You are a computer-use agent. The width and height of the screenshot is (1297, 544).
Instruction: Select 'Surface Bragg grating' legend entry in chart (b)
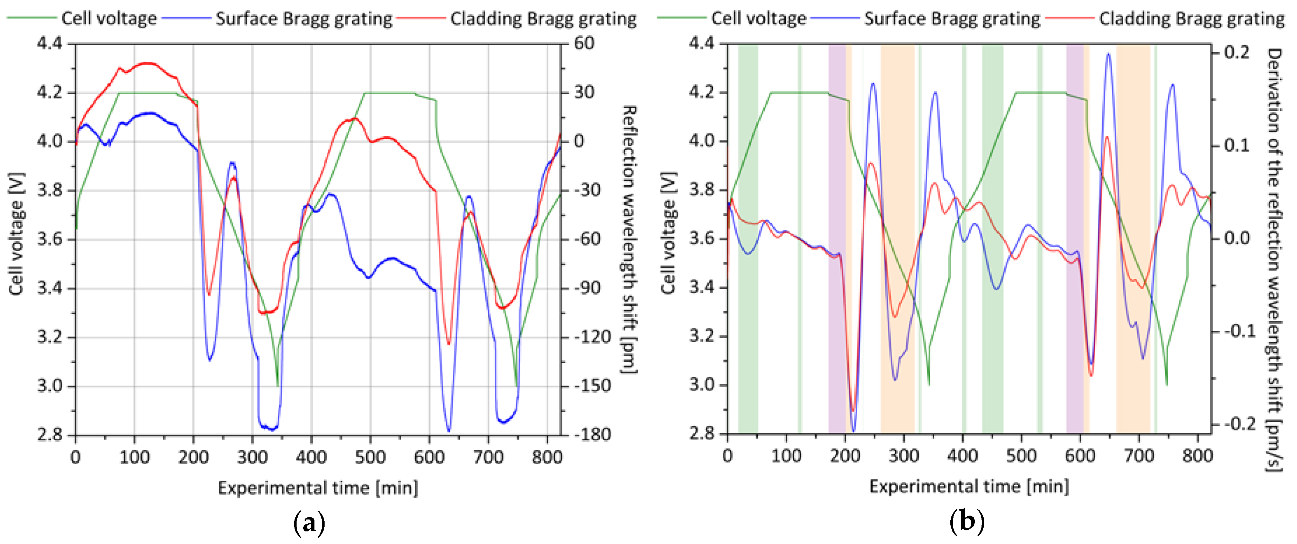pyautogui.click(x=952, y=18)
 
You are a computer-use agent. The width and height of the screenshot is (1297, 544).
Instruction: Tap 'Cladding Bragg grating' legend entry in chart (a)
pyautogui.click(x=543, y=18)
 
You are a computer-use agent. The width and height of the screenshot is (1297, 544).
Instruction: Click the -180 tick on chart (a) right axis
pyautogui.click(x=592, y=434)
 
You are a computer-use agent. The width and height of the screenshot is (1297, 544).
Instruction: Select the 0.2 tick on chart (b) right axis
pyautogui.click(x=1236, y=53)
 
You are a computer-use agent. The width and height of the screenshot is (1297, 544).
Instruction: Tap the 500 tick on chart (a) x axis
pyautogui.click(x=370, y=457)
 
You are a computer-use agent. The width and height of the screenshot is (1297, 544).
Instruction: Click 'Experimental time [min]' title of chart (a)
pyautogui.click(x=318, y=488)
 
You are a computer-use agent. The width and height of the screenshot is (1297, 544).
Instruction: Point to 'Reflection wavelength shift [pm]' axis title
pyautogui.click(x=629, y=239)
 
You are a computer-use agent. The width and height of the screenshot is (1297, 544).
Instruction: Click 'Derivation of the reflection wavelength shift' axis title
pyautogui.click(x=1275, y=260)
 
